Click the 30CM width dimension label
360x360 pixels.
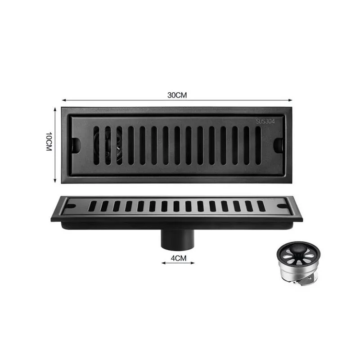[177, 95]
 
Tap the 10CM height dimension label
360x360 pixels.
[50, 143]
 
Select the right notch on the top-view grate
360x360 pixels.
[279, 144]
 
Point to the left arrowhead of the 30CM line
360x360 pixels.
[63, 100]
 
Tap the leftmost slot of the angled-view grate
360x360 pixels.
[92, 206]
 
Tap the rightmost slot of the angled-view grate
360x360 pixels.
[261, 206]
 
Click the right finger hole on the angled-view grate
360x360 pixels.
[282, 206]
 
